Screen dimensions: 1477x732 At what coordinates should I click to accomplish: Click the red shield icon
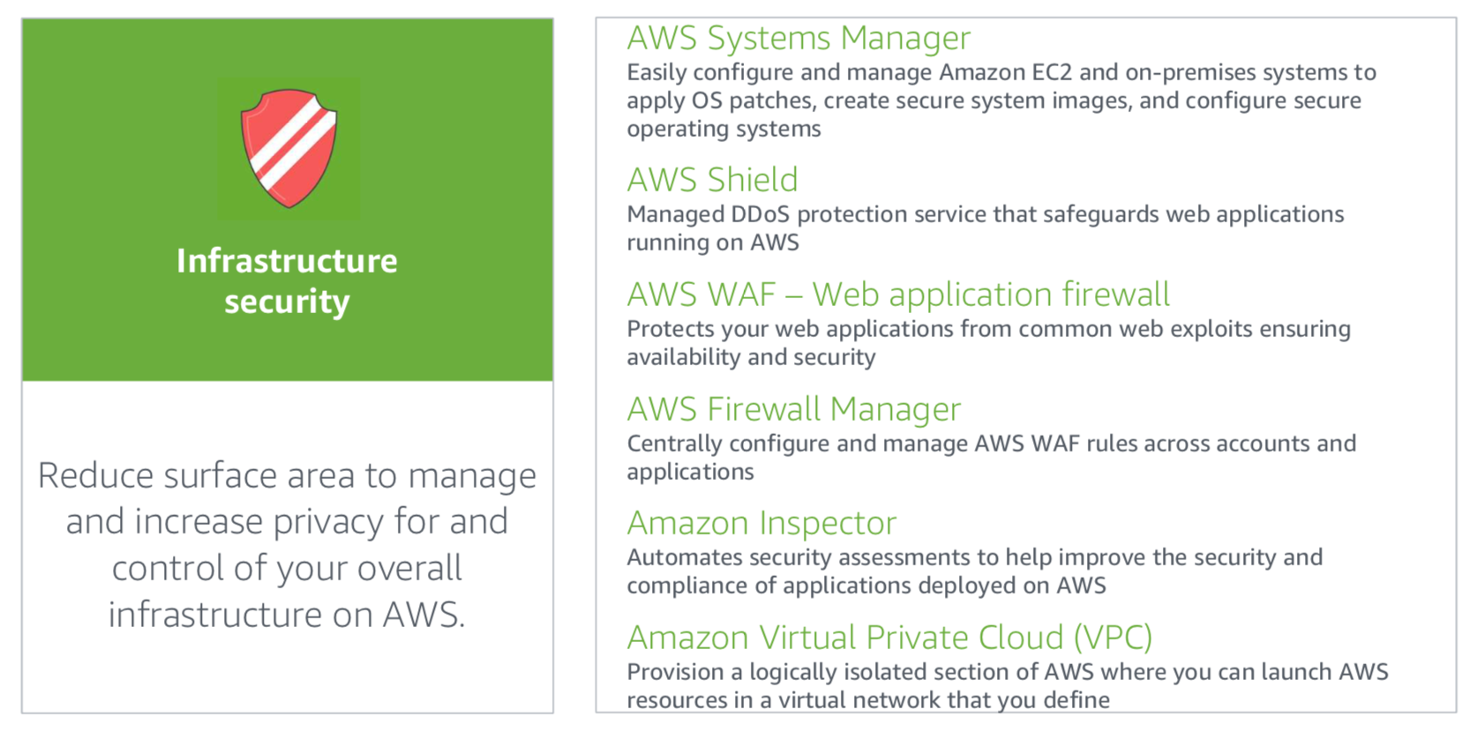point(289,148)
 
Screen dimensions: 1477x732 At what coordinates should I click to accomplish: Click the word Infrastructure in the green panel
point(287,261)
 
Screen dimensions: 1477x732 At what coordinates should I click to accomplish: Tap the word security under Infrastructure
point(287,303)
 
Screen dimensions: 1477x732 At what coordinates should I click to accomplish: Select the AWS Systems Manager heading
point(798,38)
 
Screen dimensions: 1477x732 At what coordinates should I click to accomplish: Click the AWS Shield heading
point(712,179)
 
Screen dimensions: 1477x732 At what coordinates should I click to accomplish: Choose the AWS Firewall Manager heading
point(794,408)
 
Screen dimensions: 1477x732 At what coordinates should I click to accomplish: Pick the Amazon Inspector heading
point(761,523)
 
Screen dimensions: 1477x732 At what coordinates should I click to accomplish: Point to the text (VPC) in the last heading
point(1113,638)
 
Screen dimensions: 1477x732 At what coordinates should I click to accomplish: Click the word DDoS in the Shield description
point(760,214)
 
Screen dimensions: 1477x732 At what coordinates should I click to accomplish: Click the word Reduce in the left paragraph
point(95,475)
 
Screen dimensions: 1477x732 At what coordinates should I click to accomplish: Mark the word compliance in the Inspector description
point(689,586)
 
